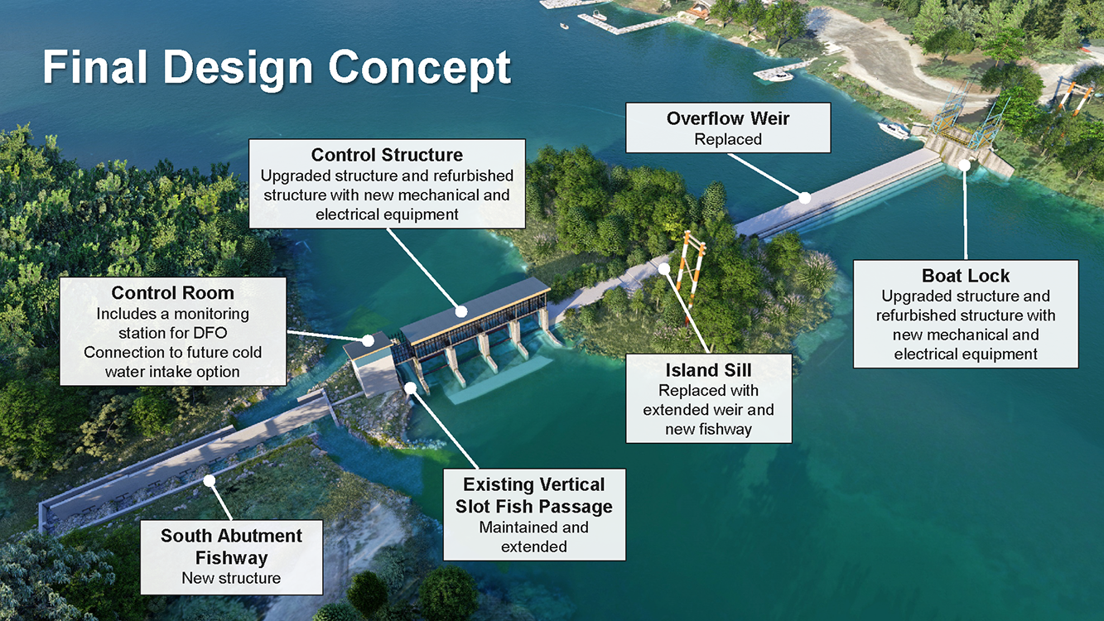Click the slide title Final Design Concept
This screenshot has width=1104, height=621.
pyautogui.click(x=277, y=67)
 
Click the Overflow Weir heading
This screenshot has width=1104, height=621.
pyautogui.click(x=727, y=118)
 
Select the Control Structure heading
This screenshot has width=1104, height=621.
pyautogui.click(x=387, y=155)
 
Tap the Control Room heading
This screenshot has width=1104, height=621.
pyautogui.click(x=172, y=293)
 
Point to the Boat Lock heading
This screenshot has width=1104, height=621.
pyautogui.click(x=966, y=276)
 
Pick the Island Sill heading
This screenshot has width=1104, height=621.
pyautogui.click(x=708, y=369)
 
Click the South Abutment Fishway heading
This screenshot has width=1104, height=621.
pyautogui.click(x=231, y=546)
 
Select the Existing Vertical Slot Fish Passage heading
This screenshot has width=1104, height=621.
pyautogui.click(x=534, y=495)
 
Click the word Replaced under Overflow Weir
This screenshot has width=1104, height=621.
pyautogui.click(x=728, y=139)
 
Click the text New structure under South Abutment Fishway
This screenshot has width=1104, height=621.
pyautogui.click(x=231, y=578)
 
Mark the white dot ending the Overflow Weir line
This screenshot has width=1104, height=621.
pyautogui.click(x=805, y=197)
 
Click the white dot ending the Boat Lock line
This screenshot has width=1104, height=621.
pyautogui.click(x=965, y=165)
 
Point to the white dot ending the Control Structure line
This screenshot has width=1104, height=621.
pyautogui.click(x=461, y=312)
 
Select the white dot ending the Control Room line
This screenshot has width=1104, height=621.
pyautogui.click(x=368, y=340)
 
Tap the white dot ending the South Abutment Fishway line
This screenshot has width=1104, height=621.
pyautogui.click(x=209, y=479)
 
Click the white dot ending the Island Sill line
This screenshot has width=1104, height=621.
pyautogui.click(x=664, y=267)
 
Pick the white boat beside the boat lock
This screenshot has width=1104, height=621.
pyautogui.click(x=893, y=130)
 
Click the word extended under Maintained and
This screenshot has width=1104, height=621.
pyautogui.click(x=534, y=546)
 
